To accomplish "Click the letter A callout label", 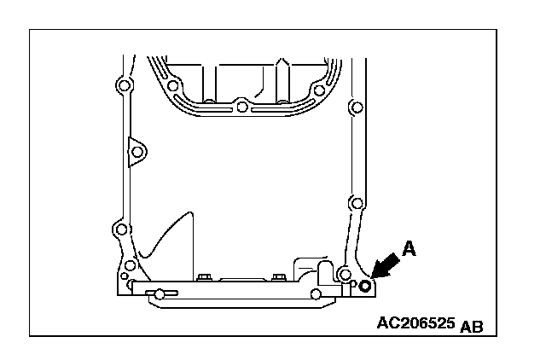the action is [409, 248].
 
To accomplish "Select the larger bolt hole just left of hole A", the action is [344, 275].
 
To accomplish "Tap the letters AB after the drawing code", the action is [471, 328].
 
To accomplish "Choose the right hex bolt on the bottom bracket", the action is [278, 278].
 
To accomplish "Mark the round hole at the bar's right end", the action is [317, 295].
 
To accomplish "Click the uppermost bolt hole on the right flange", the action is [357, 109].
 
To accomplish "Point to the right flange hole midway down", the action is [356, 204].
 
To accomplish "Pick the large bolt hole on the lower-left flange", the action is [120, 228].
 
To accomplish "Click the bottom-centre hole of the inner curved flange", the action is [242, 107].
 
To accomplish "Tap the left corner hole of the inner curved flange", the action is [173, 88].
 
